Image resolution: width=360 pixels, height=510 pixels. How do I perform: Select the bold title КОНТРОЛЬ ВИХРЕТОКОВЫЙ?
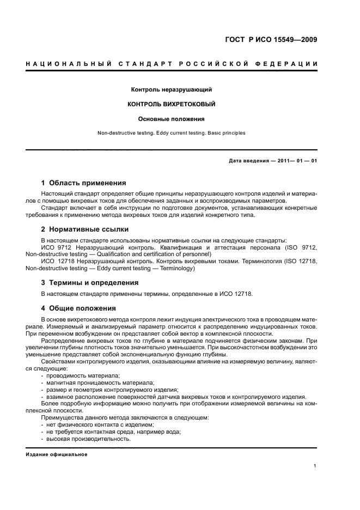click(172, 104)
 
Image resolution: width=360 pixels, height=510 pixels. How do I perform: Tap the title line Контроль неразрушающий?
click(172, 89)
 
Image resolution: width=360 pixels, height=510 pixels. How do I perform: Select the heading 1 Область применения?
click(84, 183)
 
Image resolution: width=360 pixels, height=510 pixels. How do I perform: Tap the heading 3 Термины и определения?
click(90, 283)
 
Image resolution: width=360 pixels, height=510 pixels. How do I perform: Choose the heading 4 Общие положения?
click(78, 308)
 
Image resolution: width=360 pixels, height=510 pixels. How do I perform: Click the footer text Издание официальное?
click(57, 454)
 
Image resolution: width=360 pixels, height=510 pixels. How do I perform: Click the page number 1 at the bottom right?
click(315, 466)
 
